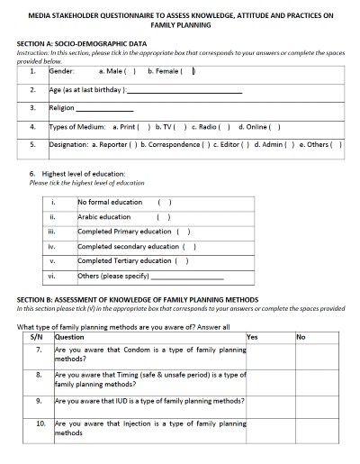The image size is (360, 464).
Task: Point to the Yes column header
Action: (x=252, y=336)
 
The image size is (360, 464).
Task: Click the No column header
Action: (x=301, y=336)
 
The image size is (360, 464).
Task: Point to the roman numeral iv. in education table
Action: (x=52, y=246)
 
